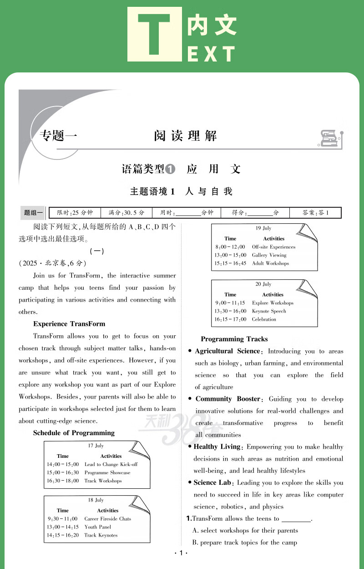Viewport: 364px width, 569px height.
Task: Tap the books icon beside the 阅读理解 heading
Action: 330,138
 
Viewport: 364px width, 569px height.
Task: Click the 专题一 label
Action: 59,136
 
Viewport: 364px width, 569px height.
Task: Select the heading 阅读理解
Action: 185,136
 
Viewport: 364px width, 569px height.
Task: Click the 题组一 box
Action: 33,213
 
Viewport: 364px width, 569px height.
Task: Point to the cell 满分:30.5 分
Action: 126,213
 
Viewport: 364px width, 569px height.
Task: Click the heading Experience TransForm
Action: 69,324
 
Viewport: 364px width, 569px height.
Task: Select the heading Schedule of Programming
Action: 74,433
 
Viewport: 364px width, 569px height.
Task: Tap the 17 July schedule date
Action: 96,446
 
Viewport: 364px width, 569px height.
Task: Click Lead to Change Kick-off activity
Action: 111,464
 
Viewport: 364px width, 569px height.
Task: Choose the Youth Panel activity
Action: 98,527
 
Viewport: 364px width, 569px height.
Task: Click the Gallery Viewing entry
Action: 269,255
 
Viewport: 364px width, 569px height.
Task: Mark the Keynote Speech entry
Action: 269,311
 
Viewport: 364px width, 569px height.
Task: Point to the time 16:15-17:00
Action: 230,319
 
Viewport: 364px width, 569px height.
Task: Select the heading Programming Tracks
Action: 234,339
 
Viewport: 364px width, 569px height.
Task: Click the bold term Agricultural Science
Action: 227,351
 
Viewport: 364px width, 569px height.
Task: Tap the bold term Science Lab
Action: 212,482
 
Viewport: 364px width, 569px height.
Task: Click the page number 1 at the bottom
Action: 181,553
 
